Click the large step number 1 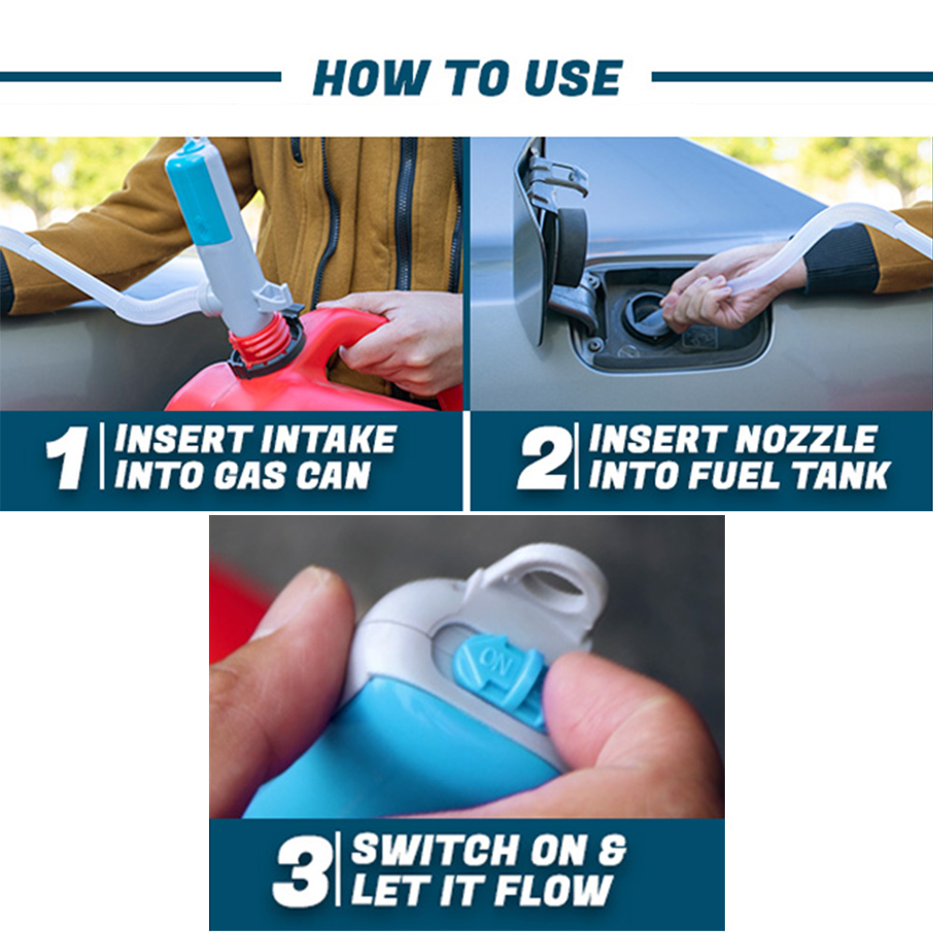pyautogui.click(x=67, y=457)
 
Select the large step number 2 pyautogui.click(x=542, y=457)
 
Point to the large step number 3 pyautogui.click(x=301, y=871)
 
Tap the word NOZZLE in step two pyautogui.click(x=806, y=439)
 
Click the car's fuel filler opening pyautogui.click(x=649, y=314)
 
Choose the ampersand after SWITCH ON pyautogui.click(x=612, y=850)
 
